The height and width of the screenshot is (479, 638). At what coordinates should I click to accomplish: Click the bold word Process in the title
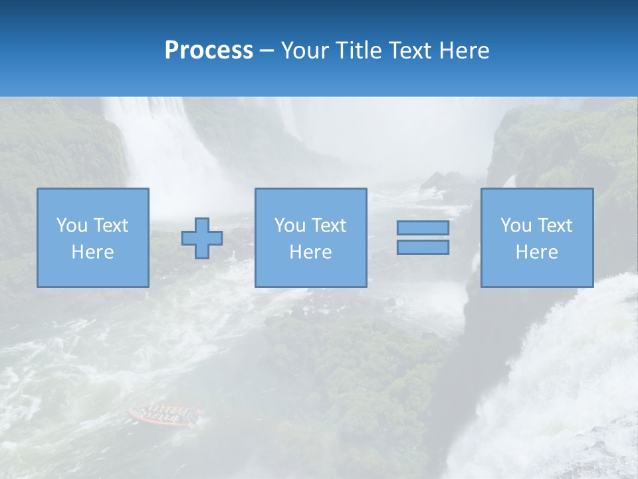coord(209,51)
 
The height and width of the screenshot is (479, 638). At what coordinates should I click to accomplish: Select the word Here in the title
coord(464,51)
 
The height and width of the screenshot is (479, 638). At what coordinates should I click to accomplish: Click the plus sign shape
coord(202,238)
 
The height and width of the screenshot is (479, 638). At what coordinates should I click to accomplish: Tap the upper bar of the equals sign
coord(423,228)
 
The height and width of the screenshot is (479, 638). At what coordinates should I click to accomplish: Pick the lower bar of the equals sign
coord(423,247)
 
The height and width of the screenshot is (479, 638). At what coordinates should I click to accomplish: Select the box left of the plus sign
coord(92,238)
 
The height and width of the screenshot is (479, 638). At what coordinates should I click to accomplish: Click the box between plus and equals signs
coord(310,238)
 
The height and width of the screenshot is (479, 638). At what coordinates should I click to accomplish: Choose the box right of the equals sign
coord(536,238)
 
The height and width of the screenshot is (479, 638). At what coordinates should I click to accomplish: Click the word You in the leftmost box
coord(71,226)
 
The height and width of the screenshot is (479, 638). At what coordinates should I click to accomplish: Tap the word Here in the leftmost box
coord(92,252)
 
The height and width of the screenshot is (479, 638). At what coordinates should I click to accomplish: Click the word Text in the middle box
coord(330,226)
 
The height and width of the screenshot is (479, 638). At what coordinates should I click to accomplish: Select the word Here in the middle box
coord(310,252)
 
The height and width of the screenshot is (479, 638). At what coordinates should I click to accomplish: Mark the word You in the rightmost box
coord(516,226)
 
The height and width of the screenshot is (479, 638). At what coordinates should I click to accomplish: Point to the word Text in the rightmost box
coord(556,226)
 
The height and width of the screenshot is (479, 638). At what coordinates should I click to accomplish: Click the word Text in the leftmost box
coord(111,226)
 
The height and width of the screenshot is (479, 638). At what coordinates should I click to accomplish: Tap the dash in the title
coord(266,51)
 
